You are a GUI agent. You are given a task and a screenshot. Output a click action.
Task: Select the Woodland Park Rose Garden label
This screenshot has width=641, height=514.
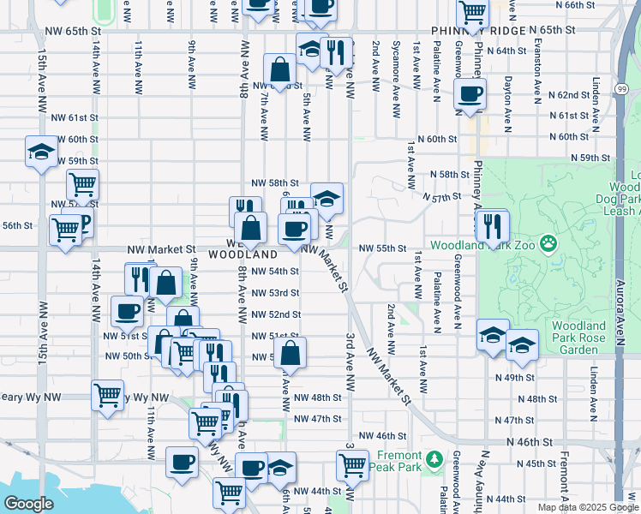click(580, 338)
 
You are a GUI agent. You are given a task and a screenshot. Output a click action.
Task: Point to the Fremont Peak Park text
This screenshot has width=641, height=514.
click(398, 461)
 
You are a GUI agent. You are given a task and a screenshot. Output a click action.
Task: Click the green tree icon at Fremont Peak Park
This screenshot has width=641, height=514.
click(434, 460)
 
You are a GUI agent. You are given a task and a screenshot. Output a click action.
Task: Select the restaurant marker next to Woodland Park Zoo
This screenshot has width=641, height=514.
click(492, 225)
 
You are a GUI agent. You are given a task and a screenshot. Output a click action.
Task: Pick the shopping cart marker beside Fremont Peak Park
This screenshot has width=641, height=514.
click(353, 465)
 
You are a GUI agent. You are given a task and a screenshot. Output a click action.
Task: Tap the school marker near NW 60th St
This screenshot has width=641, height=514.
click(39, 152)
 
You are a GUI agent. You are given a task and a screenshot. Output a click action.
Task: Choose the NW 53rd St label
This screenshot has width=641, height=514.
click(276, 293)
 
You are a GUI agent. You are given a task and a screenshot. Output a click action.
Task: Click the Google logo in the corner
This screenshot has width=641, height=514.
click(28, 504)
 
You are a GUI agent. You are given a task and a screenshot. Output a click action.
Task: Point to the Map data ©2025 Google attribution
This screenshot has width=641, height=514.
click(587, 507)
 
